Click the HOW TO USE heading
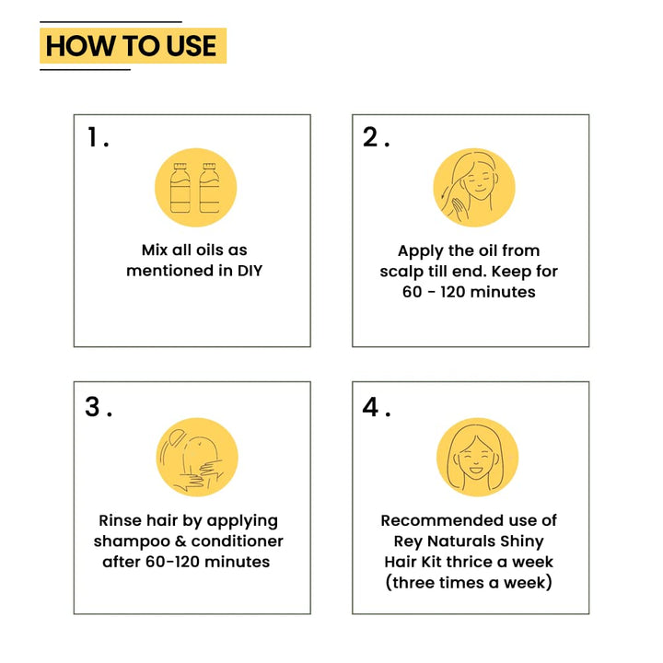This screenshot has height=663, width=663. (131, 46)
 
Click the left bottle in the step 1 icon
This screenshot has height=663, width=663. (180, 188)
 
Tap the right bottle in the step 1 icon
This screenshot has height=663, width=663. (209, 188)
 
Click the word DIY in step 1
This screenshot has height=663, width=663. (250, 271)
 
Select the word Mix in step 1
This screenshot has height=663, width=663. (155, 250)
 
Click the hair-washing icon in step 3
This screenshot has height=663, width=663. (197, 458)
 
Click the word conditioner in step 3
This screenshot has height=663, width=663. (238, 541)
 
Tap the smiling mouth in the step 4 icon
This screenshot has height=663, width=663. (476, 470)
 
